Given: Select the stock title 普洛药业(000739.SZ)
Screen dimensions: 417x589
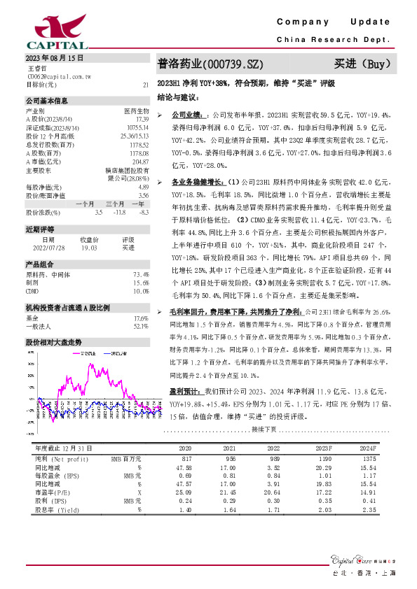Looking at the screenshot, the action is [x=210, y=64].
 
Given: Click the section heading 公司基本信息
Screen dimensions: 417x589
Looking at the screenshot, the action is [x=47, y=101].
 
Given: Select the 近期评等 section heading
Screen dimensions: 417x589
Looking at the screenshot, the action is [x=40, y=229].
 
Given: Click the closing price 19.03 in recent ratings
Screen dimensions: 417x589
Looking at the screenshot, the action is [x=89, y=247].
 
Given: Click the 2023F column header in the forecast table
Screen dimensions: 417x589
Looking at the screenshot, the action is [x=323, y=448].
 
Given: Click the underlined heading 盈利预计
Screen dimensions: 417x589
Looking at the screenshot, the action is [x=185, y=391].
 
